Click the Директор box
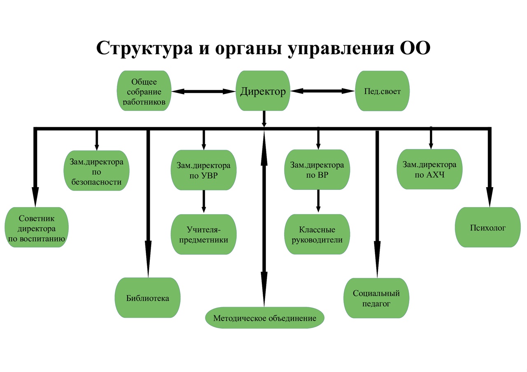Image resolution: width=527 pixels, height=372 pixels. click(x=263, y=91)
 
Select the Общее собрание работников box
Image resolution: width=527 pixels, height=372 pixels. click(x=144, y=91)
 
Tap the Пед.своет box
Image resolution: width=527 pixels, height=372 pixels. click(x=382, y=91)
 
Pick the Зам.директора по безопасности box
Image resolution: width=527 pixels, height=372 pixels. click(x=97, y=171)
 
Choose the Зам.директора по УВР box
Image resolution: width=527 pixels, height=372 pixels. click(x=203, y=170)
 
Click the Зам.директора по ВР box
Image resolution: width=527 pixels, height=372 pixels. click(x=317, y=170)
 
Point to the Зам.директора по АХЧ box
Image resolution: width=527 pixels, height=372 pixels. click(x=429, y=169)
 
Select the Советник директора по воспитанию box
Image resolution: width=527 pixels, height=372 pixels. click(x=37, y=227)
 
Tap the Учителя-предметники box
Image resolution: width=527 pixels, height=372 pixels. click(x=203, y=234)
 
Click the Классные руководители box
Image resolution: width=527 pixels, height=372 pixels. click(x=317, y=234)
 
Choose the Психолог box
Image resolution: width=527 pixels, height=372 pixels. click(x=488, y=227)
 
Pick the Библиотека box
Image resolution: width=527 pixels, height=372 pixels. click(x=147, y=298)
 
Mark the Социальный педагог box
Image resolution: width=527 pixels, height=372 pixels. click(x=376, y=298)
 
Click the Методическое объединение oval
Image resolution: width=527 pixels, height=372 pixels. click(x=265, y=318)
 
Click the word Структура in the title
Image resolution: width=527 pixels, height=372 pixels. click(x=144, y=48)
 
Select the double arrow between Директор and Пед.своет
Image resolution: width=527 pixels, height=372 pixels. click(x=323, y=91)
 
